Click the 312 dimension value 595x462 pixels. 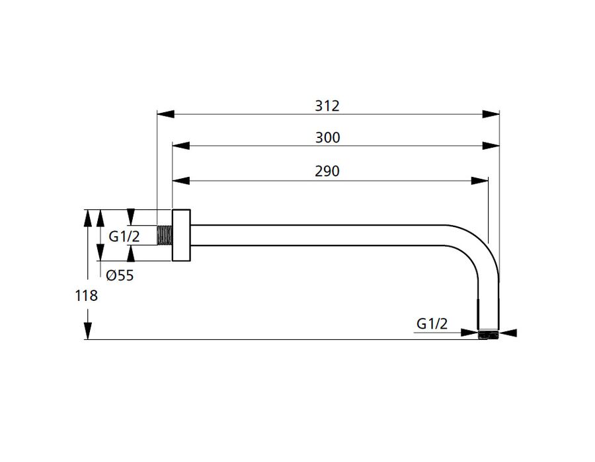[x=327, y=106]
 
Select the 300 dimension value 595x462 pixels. [x=327, y=137]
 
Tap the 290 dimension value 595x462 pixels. [x=327, y=171]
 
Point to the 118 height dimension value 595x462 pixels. [x=86, y=296]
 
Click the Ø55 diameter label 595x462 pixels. [x=120, y=275]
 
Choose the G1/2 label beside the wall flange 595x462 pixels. [x=124, y=237]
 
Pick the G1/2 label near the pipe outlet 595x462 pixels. [x=432, y=324]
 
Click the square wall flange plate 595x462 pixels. [x=181, y=235]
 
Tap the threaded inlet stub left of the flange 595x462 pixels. [x=165, y=235]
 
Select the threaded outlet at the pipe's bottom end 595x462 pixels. [x=488, y=335]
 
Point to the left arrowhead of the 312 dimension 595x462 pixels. [x=165, y=114]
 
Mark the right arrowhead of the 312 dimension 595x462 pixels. [x=491, y=114]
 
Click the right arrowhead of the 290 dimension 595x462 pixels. [x=480, y=181]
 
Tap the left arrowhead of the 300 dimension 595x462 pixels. [x=181, y=146]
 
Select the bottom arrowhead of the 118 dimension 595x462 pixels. [x=88, y=331]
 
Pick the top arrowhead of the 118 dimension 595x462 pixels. [x=88, y=218]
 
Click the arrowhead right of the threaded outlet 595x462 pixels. [x=508, y=333]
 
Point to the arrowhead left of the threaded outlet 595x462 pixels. [x=469, y=333]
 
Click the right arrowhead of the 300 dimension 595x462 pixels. [x=491, y=146]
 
